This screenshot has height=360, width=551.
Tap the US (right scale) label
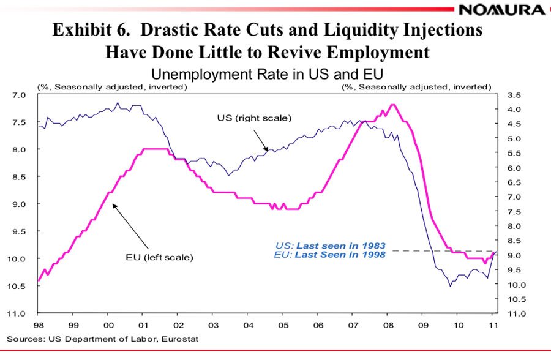pos(254,118)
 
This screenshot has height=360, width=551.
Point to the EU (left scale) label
pos(155,257)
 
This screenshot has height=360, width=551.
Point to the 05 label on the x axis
pos(282,325)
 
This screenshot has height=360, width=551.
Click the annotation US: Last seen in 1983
pos(331,246)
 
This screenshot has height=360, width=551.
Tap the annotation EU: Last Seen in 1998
pos(331,254)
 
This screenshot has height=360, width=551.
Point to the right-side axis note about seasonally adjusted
pos(416,87)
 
